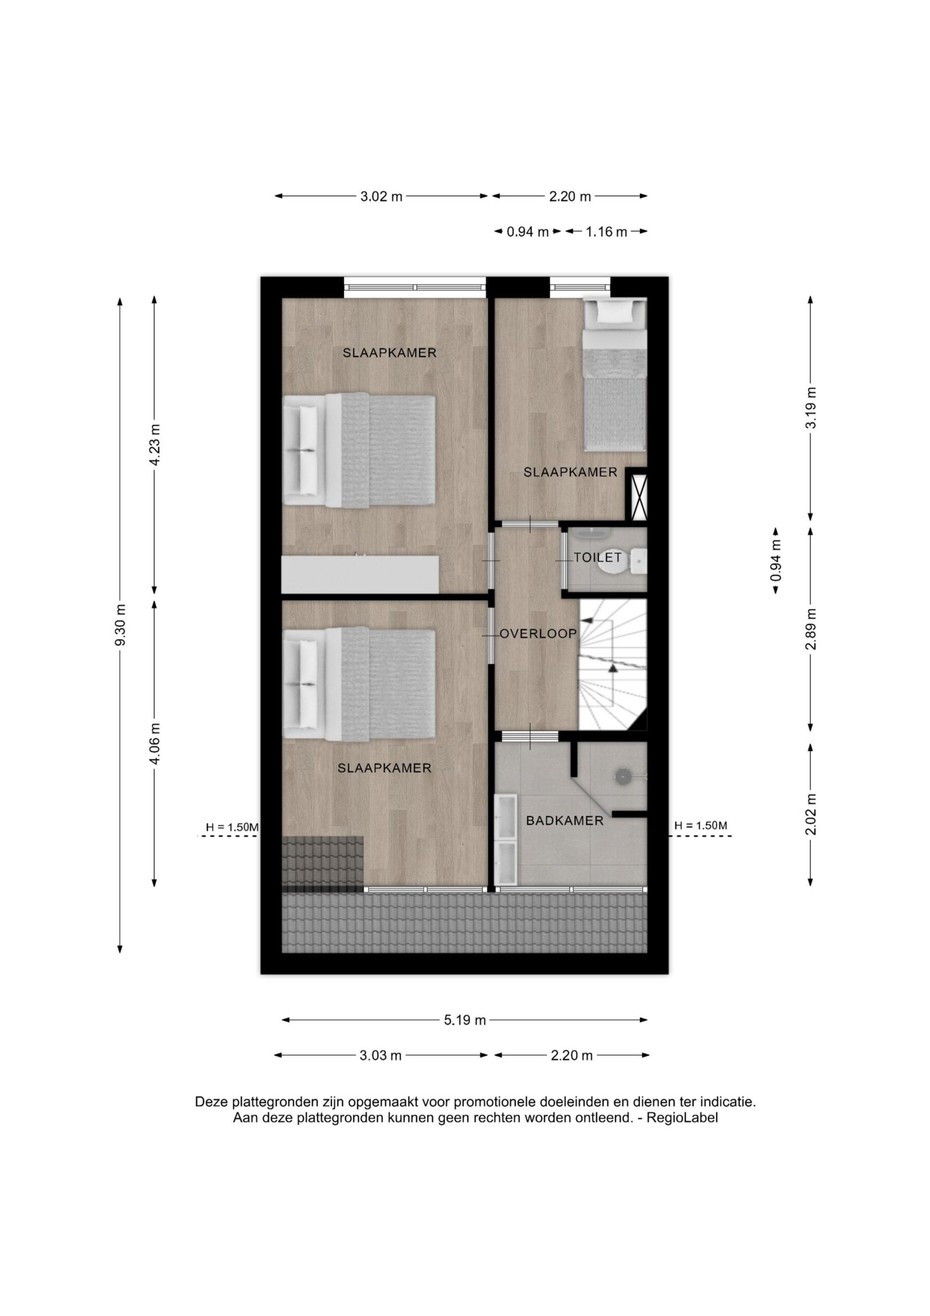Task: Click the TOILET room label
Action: click(x=598, y=557)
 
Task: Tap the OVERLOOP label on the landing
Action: click(x=538, y=633)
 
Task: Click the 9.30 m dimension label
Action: click(x=120, y=625)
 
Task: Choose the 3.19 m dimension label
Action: click(x=810, y=408)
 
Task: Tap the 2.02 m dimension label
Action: click(x=810, y=814)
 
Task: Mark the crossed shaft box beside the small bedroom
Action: click(x=637, y=494)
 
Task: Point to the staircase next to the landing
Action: click(x=612, y=664)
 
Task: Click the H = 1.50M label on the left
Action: click(x=232, y=828)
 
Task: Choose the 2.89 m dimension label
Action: click(x=810, y=629)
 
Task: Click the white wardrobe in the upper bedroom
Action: click(x=360, y=574)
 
